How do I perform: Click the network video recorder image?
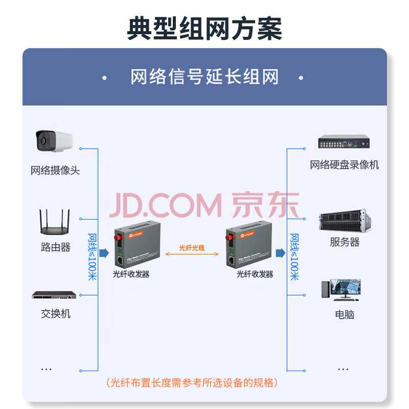tap(344, 143)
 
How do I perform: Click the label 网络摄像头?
tap(55, 170)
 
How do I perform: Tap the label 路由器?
tap(55, 247)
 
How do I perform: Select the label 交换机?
tap(55, 313)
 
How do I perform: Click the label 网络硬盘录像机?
tap(344, 165)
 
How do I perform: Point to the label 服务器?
tap(345, 242)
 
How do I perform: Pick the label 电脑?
tap(345, 314)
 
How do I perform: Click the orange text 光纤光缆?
tap(192, 248)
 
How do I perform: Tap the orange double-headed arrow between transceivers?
tap(192, 256)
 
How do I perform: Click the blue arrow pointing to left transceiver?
tap(104, 253)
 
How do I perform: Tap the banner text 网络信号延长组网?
tap(204, 78)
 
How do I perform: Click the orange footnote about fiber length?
tap(192, 382)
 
